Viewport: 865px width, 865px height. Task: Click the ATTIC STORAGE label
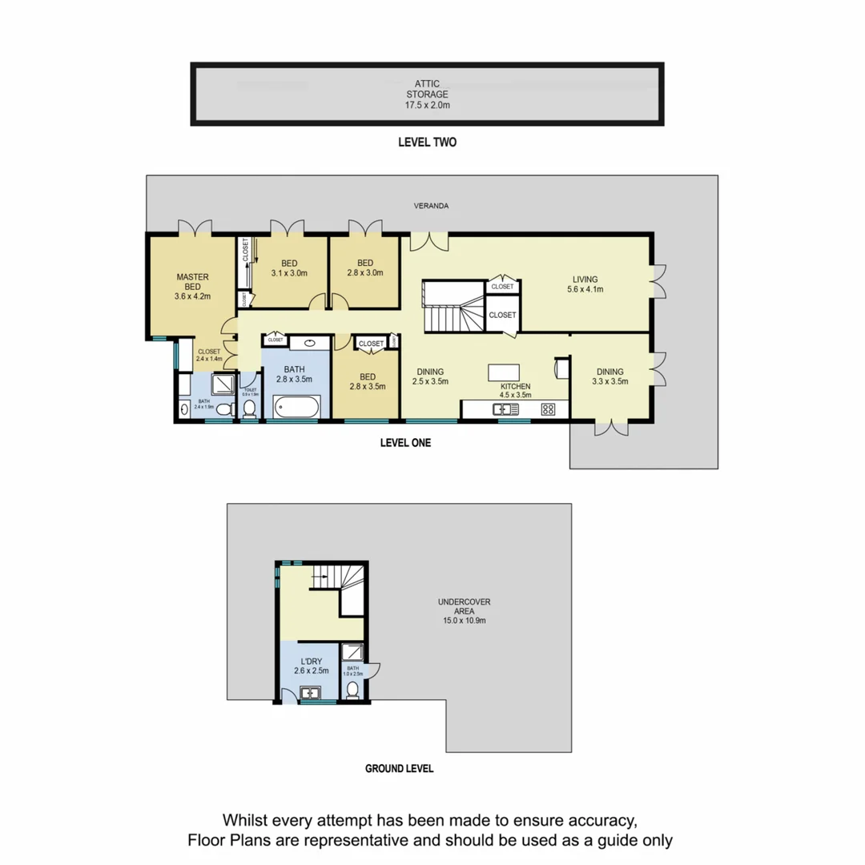click(426, 93)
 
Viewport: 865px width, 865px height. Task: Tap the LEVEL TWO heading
click(427, 143)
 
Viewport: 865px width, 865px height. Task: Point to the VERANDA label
click(431, 206)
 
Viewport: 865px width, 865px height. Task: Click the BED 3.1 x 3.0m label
click(288, 268)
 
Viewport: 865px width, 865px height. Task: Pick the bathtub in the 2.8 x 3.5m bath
click(297, 408)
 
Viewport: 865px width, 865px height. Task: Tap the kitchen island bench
click(502, 373)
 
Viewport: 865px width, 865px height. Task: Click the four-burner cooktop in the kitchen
click(549, 409)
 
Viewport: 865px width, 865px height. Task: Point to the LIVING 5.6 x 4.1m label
click(585, 284)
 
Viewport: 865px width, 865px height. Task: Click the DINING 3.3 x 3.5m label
click(610, 376)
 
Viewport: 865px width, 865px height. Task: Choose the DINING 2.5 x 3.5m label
click(429, 376)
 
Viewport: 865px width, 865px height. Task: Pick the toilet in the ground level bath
click(352, 690)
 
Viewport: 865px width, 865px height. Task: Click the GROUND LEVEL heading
click(399, 768)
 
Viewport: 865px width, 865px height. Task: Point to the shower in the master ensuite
click(226, 386)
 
